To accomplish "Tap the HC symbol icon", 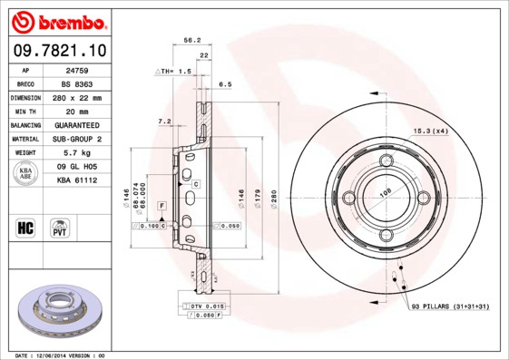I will click(x=25, y=227).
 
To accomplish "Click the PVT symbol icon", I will click(x=60, y=227).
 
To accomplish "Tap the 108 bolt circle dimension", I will click(x=384, y=193).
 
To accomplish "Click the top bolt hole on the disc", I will click(x=386, y=161).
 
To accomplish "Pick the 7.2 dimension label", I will click(x=164, y=121).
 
